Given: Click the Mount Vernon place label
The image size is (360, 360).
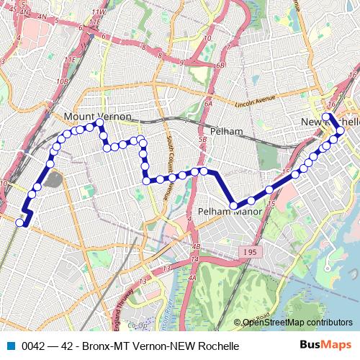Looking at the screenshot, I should [x=97, y=116].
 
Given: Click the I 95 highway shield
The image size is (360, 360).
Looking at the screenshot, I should [x=249, y=251].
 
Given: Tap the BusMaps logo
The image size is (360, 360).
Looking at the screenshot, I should [x=325, y=345].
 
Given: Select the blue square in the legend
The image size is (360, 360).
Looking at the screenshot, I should [x=11, y=346].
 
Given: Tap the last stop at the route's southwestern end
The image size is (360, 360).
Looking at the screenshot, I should [x=20, y=222].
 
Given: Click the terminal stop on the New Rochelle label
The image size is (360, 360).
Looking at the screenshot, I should [x=326, y=117].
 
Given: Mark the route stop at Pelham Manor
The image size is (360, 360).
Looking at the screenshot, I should [x=233, y=206].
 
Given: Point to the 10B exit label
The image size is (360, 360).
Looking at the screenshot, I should [x=64, y=81].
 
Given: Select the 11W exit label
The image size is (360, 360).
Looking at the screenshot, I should [x=99, y=13].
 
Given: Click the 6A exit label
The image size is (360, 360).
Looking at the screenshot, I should [x=207, y=104].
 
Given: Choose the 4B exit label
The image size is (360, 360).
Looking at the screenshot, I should [x=196, y=247].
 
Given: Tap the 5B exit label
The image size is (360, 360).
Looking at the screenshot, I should [x=202, y=139].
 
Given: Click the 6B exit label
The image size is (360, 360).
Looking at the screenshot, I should [x=219, y=65].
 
